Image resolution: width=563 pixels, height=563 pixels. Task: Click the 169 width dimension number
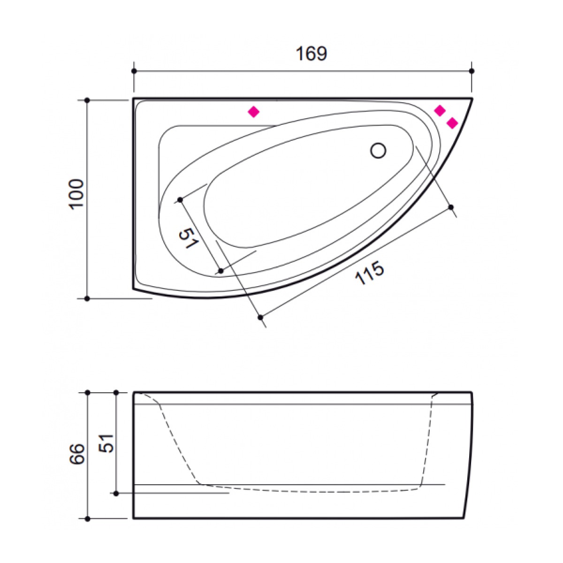311,54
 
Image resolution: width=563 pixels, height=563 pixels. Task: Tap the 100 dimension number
76,193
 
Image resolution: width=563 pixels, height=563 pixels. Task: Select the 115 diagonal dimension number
369,273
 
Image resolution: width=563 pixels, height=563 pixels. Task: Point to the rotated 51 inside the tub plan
189,238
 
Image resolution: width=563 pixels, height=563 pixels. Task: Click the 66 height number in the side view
76,454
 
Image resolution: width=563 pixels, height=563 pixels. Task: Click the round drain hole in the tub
378,151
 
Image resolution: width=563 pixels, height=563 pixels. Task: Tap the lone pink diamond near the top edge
253,112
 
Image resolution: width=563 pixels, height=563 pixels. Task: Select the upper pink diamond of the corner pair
440,110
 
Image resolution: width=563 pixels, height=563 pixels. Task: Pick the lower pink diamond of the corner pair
452,123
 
